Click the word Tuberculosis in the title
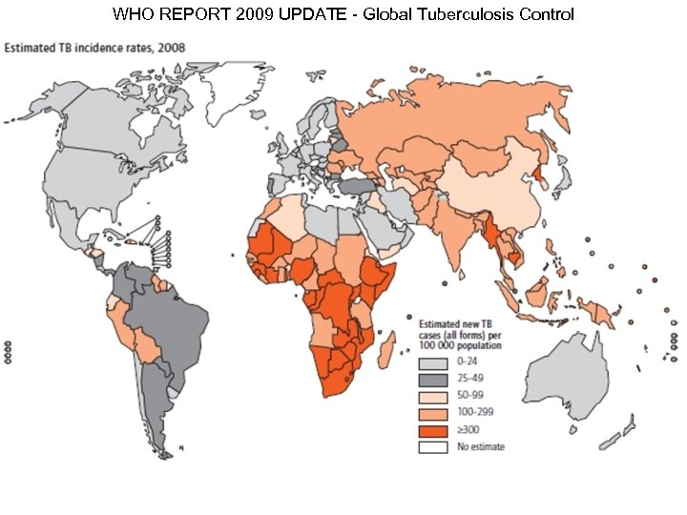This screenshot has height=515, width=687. pyautogui.click(x=474, y=15)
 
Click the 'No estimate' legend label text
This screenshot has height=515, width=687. pyautogui.click(x=480, y=446)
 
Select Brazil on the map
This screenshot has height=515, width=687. pyautogui.click(x=172, y=315)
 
